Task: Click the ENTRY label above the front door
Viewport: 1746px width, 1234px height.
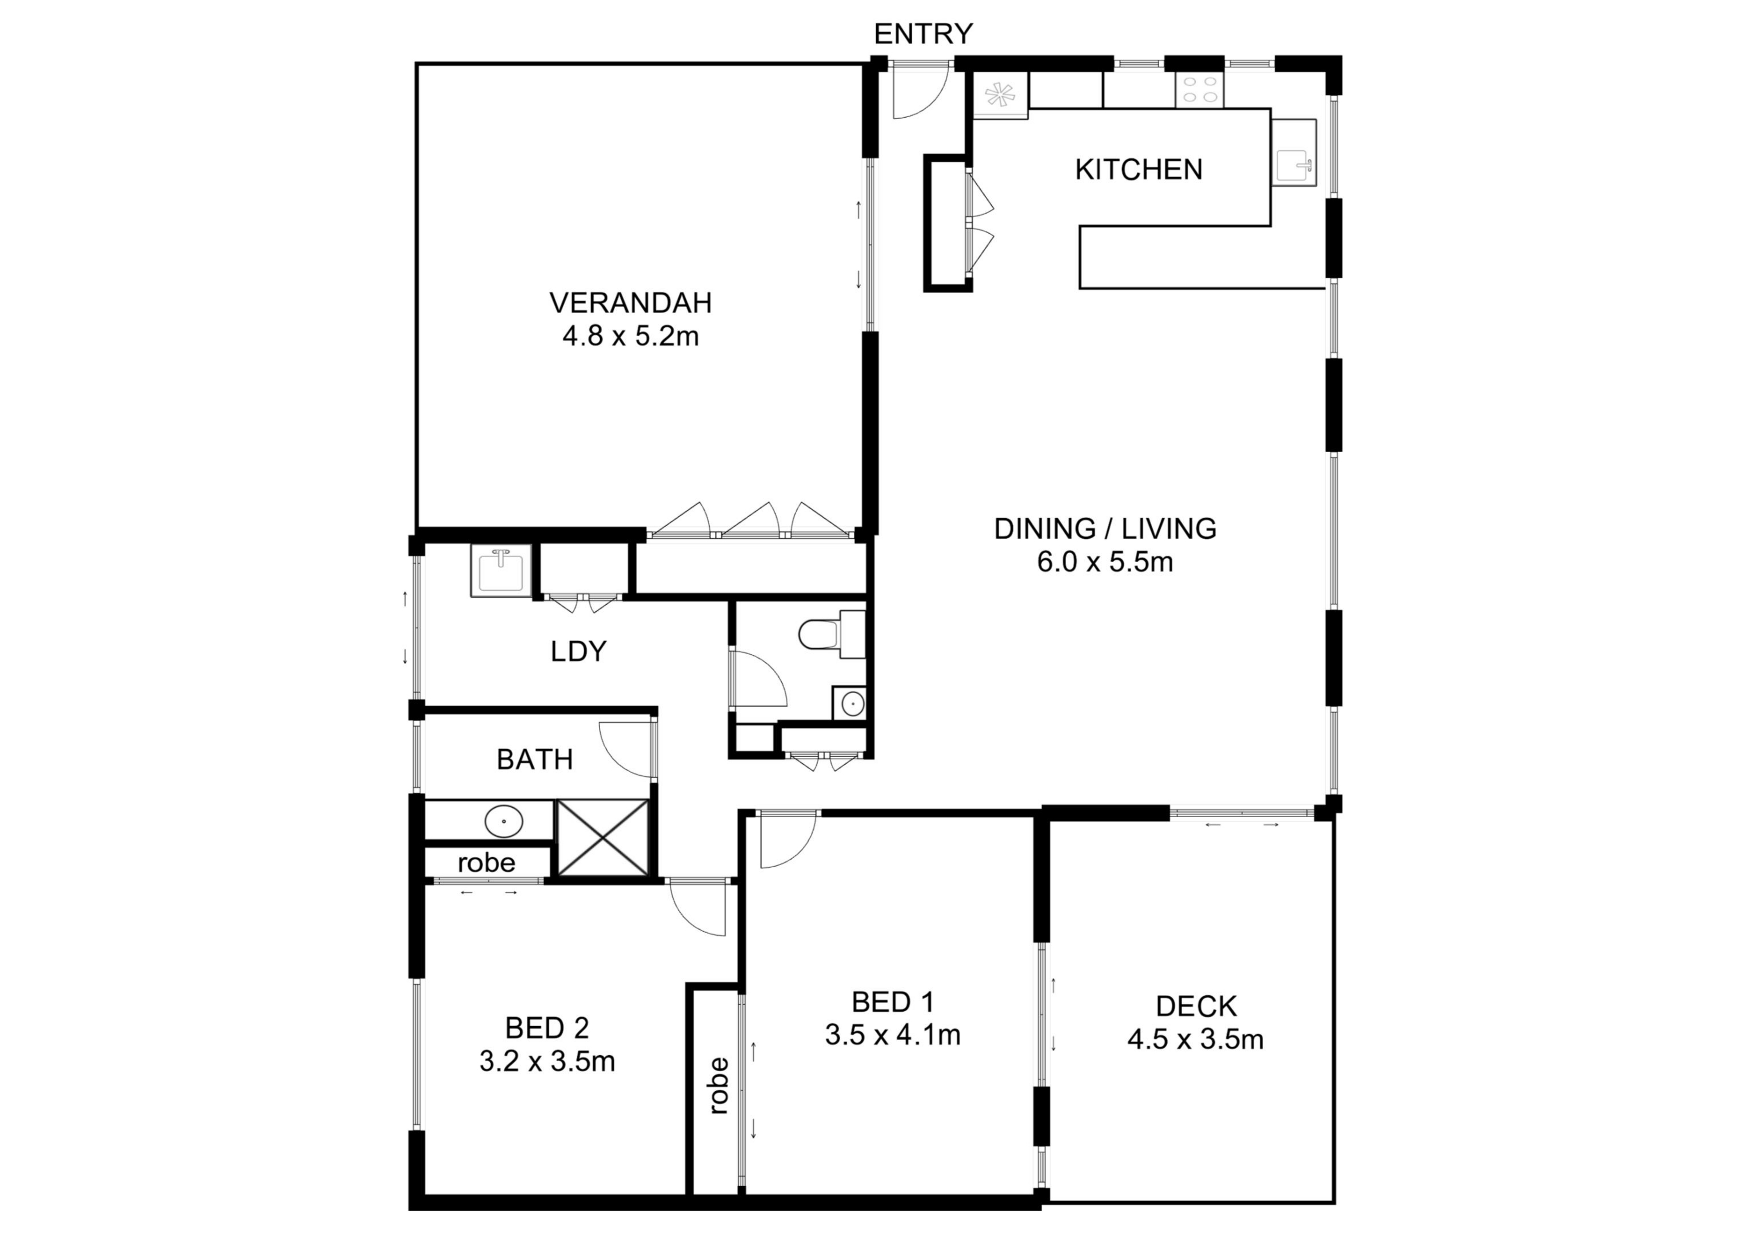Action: [x=923, y=34]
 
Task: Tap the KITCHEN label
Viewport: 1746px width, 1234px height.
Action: [x=1139, y=170]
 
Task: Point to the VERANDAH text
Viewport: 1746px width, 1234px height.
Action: [x=630, y=303]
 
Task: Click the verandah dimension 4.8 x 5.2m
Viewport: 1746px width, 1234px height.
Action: [x=630, y=336]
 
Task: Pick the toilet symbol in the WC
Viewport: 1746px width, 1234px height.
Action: [x=820, y=633]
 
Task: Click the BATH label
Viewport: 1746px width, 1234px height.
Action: [x=535, y=759]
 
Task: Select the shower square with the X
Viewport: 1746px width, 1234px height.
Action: [x=603, y=838]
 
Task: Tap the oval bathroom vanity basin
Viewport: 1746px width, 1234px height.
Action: [x=503, y=821]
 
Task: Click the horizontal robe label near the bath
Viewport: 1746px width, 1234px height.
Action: [x=487, y=863]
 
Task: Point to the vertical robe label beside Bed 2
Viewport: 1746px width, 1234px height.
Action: [x=717, y=1086]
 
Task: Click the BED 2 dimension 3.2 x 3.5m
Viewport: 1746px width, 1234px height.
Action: [x=547, y=1061]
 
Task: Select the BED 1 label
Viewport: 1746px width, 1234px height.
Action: [x=893, y=1002]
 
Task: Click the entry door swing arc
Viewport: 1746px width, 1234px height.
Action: [x=920, y=95]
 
